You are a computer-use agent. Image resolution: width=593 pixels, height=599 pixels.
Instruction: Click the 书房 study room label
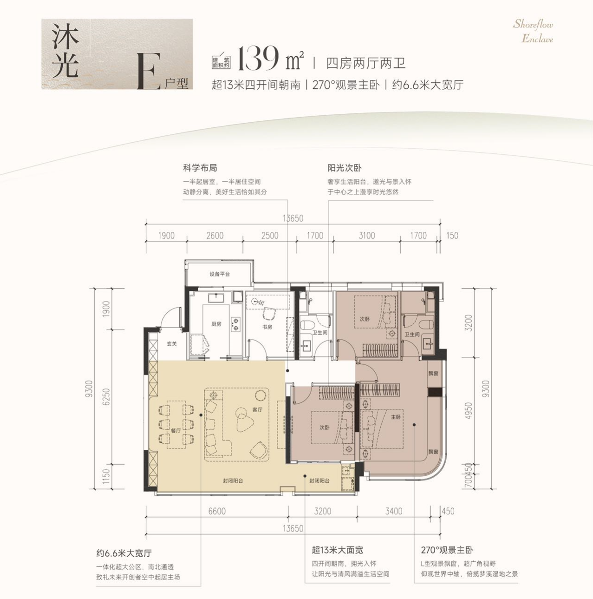(x=267, y=327)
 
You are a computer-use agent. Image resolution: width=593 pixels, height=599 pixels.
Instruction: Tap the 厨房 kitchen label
(x=216, y=324)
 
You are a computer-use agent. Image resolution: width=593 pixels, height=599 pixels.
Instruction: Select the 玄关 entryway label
(x=172, y=344)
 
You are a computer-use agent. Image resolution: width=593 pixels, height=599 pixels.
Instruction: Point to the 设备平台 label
(x=220, y=274)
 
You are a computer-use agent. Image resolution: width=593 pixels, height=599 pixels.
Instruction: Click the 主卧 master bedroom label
(x=396, y=417)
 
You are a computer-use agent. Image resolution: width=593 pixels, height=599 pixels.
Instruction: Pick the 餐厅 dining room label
(x=176, y=431)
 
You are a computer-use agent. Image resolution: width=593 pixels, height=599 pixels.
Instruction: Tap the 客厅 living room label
(x=258, y=410)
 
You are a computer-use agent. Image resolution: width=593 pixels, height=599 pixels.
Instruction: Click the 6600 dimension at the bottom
(x=217, y=511)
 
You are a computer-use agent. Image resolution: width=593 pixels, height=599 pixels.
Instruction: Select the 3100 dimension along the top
(x=367, y=236)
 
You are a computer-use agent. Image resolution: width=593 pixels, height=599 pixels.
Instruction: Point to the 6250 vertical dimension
(x=106, y=396)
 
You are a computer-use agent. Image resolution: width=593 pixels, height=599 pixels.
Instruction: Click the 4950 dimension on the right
(x=468, y=410)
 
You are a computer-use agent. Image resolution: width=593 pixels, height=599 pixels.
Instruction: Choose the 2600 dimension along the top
(x=215, y=236)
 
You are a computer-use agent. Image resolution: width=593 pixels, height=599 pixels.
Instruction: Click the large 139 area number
(x=258, y=59)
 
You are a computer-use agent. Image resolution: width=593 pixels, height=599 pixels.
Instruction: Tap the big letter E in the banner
(x=150, y=71)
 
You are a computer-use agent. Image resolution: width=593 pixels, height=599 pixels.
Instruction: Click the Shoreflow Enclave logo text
(x=533, y=32)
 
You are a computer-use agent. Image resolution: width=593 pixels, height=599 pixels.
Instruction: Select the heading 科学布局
(x=200, y=168)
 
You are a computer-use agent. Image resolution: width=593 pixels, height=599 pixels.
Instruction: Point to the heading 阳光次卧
(x=345, y=168)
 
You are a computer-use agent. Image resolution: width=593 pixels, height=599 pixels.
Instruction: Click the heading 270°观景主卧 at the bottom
(x=447, y=550)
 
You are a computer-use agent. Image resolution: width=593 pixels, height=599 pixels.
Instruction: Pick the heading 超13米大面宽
(x=337, y=550)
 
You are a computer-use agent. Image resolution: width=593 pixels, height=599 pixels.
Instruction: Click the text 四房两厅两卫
(x=366, y=63)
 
